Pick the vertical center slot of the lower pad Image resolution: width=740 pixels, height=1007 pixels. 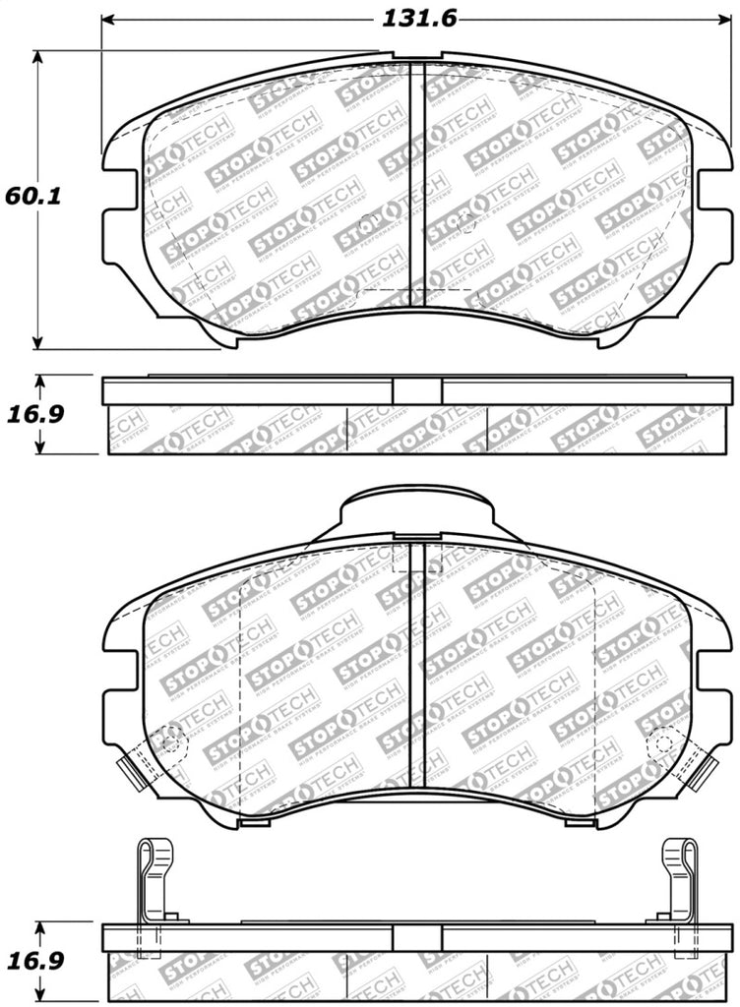[416, 669]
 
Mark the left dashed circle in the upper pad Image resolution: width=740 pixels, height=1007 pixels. [369, 221]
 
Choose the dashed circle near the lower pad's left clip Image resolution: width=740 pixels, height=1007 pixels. [173, 739]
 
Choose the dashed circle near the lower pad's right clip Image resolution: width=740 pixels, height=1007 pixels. [659, 740]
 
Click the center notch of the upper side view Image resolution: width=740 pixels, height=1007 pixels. [416, 390]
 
